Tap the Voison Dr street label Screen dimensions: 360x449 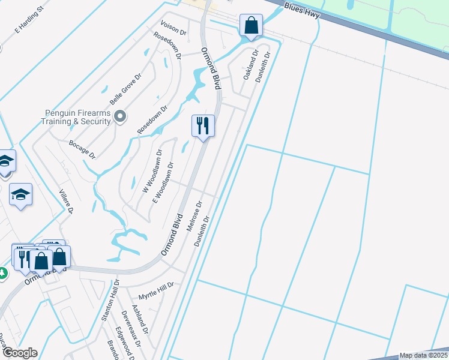(175, 26)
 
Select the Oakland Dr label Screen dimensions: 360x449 (250, 65)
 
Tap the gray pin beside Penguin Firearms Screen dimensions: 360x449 (121, 116)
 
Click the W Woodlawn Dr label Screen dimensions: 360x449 (152, 171)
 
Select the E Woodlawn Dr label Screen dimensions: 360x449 (163, 181)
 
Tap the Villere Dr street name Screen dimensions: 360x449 (65, 202)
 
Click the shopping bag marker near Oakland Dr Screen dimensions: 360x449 (251, 25)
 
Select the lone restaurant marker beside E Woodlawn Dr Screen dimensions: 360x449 (203, 126)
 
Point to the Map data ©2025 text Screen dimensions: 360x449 (423, 355)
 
